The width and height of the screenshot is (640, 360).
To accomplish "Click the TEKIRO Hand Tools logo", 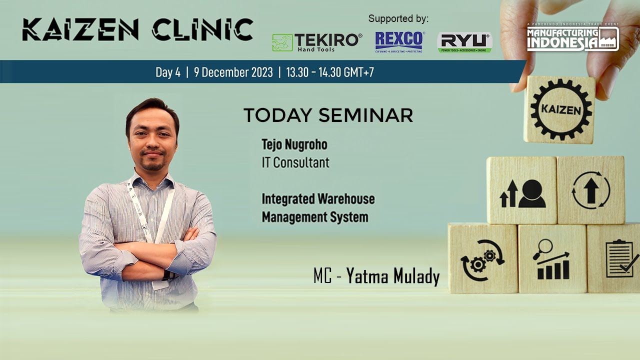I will point(316,42).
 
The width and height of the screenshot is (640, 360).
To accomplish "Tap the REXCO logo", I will point(399,42).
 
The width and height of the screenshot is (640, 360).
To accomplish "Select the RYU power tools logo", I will point(464,42).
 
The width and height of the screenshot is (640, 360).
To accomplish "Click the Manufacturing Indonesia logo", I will point(572,38).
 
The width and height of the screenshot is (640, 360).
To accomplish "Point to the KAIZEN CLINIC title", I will point(137,29).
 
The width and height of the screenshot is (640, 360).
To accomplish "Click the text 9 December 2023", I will point(233,72).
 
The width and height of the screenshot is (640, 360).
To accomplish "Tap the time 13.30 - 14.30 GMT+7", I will point(330,72).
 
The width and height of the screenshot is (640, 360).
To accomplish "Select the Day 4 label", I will point(168,72).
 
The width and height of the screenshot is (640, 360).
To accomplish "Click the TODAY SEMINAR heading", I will point(328,115).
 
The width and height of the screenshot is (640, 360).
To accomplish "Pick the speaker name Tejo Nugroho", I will point(294,145).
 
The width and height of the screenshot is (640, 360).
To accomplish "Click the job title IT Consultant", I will point(295,162).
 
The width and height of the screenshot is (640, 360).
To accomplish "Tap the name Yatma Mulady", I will point(393,276).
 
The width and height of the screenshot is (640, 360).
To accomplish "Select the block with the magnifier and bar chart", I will point(552,259).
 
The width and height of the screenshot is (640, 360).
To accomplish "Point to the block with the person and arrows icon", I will point(522,190).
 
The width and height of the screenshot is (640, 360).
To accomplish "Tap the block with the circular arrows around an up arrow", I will point(591,190).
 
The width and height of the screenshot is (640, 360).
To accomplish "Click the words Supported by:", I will point(398,19).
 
